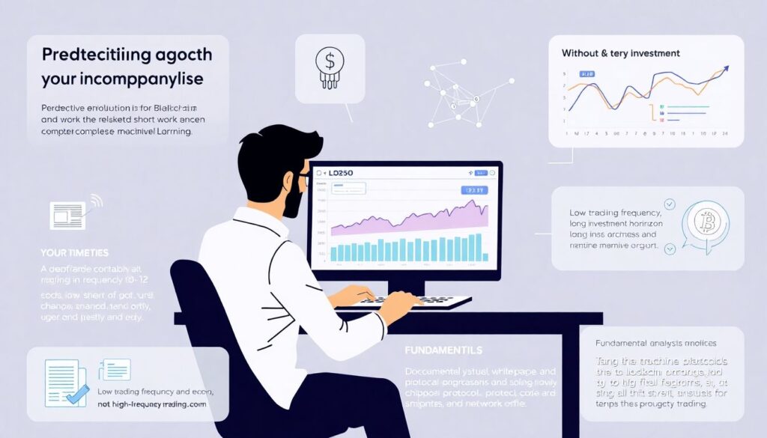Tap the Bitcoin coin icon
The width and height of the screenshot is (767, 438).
point(704,222)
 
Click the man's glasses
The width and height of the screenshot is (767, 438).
point(303,180)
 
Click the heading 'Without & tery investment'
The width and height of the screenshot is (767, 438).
point(620,53)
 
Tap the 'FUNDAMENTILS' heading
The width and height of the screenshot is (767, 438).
point(443,350)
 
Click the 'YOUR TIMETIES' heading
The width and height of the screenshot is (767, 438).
point(75,252)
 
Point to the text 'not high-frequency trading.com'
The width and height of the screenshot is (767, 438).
point(153,404)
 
